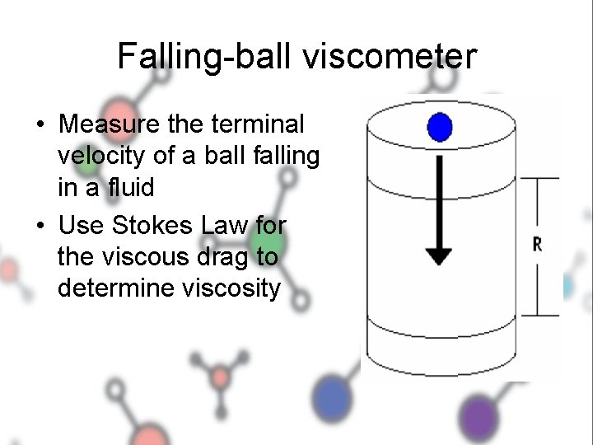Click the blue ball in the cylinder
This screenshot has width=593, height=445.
click(441, 127)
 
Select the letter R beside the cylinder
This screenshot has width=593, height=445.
click(538, 246)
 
